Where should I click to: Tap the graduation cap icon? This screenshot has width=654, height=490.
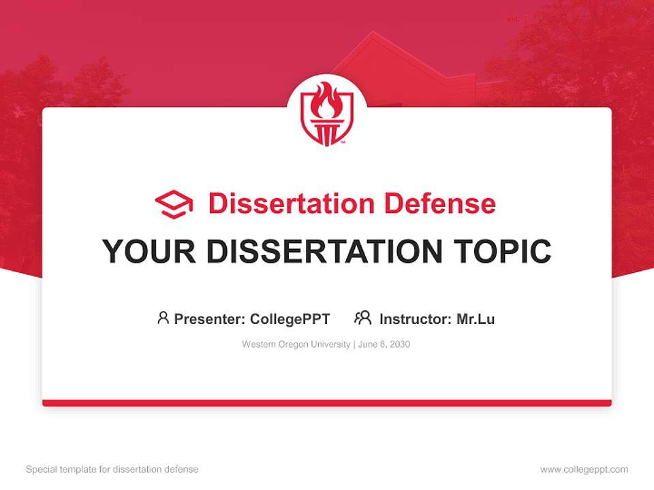(174, 203)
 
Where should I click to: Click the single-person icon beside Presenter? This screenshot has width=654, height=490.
(163, 318)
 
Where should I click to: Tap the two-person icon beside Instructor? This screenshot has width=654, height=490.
(363, 318)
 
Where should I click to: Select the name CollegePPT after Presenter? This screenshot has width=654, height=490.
(290, 319)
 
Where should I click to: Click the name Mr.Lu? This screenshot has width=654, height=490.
(476, 319)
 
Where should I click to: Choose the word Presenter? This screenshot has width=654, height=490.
(210, 319)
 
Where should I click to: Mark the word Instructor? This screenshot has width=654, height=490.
(416, 319)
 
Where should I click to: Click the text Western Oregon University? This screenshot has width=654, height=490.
(296, 344)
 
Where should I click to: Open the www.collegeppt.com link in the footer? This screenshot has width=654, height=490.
(584, 470)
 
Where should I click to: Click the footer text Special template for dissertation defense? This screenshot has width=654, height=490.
(112, 470)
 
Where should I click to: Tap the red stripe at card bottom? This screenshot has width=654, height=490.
(327, 403)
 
